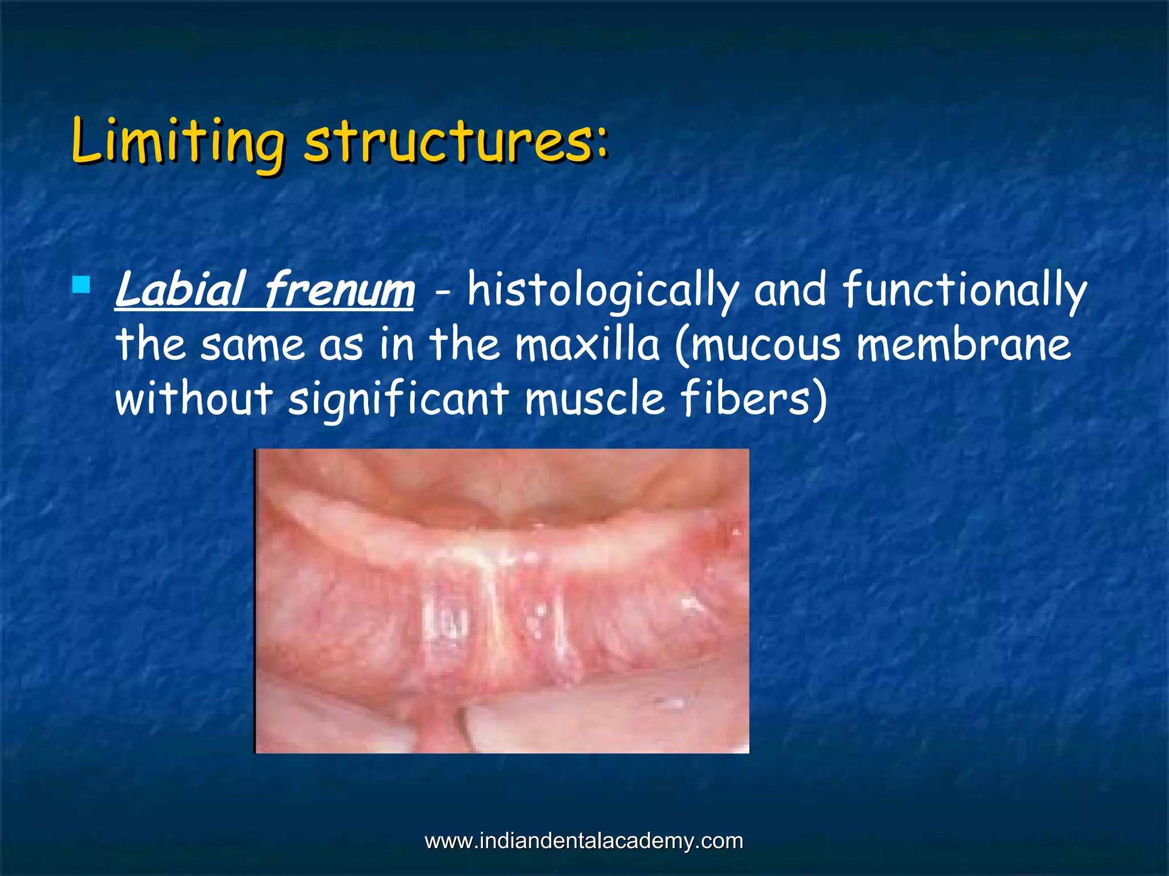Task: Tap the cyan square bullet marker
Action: pyautogui.click(x=82, y=284)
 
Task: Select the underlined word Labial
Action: pyautogui.click(x=180, y=290)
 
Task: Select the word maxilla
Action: pyautogui.click(x=587, y=344)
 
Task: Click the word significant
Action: pyautogui.click(x=398, y=399)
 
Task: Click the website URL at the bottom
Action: pyautogui.click(x=584, y=841)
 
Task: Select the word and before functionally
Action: pyautogui.click(x=790, y=290)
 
